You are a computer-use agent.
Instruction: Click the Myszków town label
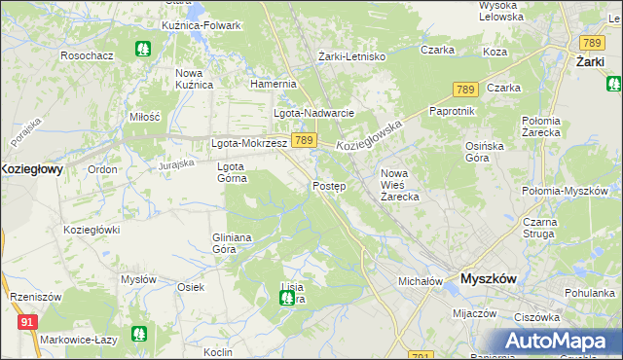[x=488, y=278]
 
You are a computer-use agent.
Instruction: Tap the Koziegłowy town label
[x=31, y=168]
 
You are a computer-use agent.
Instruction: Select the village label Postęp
[x=328, y=185]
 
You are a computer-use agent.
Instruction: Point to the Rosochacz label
[x=87, y=55]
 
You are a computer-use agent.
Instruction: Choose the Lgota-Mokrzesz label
[x=249, y=143]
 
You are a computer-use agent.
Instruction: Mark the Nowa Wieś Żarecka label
[x=399, y=184]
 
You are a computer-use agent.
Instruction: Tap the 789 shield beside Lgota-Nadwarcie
[x=303, y=141]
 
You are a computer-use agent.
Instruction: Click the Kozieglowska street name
[x=370, y=134]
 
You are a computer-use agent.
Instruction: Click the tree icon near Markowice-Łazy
[x=140, y=335]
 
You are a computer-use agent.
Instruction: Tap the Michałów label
[x=421, y=281]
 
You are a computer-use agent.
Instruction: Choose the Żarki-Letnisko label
[x=352, y=56]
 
